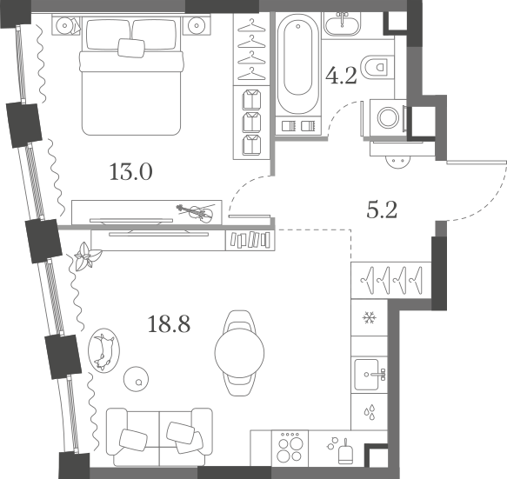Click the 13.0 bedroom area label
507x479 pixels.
[x=131, y=171]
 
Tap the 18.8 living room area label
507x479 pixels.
[x=169, y=324]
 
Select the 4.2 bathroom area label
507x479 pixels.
[x=342, y=76]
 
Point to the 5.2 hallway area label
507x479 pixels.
[x=382, y=210]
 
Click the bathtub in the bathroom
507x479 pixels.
[x=297, y=63]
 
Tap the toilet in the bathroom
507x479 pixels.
[x=377, y=67]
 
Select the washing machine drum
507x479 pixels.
[x=389, y=117]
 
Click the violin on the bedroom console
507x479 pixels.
[x=196, y=212]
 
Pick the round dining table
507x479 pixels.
[x=240, y=353]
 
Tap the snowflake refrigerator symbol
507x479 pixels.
[x=370, y=317]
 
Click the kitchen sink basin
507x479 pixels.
[x=366, y=375]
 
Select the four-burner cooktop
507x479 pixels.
[x=290, y=449]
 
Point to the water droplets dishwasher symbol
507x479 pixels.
[x=370, y=412]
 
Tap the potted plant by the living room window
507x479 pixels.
[x=87, y=256]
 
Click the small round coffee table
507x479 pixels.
[x=137, y=379]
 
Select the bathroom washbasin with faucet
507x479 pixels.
[x=342, y=23]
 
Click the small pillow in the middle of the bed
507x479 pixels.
[x=131, y=48]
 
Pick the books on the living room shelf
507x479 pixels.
[x=250, y=240]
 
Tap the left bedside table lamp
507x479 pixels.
[x=65, y=25]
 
